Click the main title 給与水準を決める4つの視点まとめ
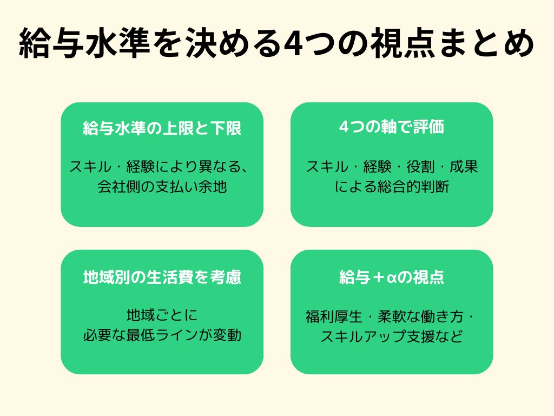point(276,43)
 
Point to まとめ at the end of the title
point(485,43)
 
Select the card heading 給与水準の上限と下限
point(162,128)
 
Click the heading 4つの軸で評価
point(392,127)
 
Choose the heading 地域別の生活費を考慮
point(162,277)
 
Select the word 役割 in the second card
point(420,167)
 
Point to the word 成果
point(464,167)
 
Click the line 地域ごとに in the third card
point(162,315)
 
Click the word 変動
point(227,335)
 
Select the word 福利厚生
point(334,316)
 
